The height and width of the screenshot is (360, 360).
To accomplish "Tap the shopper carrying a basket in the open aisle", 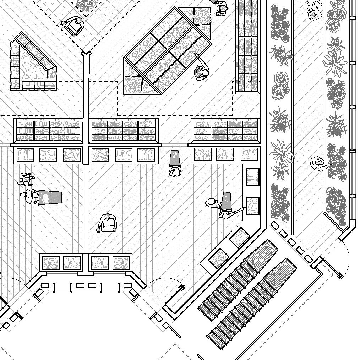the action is tap(107, 223).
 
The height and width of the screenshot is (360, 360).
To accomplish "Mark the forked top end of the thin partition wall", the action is tap(86, 54).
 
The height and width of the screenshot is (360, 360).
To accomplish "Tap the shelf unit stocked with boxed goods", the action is tap(48, 131).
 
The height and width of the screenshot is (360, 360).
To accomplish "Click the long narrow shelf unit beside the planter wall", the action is tap(247, 46).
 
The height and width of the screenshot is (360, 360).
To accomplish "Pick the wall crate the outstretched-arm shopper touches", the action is tap(252, 206).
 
